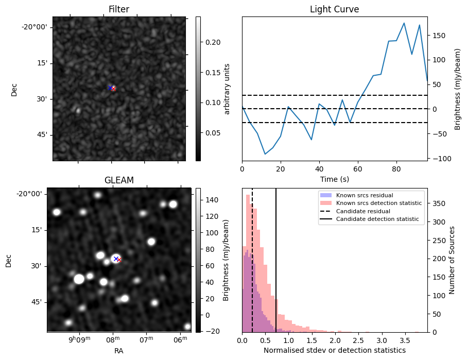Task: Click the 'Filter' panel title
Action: point(118,9)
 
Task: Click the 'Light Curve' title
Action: point(334,9)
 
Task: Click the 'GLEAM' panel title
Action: point(118,180)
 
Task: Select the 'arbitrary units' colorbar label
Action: point(228,89)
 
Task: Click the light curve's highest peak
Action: point(404,23)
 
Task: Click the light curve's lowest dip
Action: point(265,154)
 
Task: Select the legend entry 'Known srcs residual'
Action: point(364,195)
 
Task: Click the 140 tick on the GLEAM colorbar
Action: point(211,200)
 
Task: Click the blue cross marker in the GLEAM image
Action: point(116,259)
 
